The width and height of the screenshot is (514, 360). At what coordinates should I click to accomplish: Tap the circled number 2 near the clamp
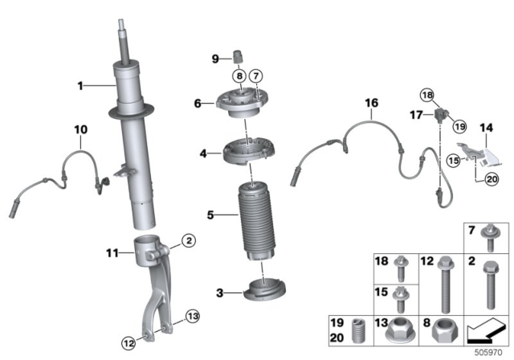tap(187, 239)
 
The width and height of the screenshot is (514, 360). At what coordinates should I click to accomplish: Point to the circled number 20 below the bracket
tap(492, 181)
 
